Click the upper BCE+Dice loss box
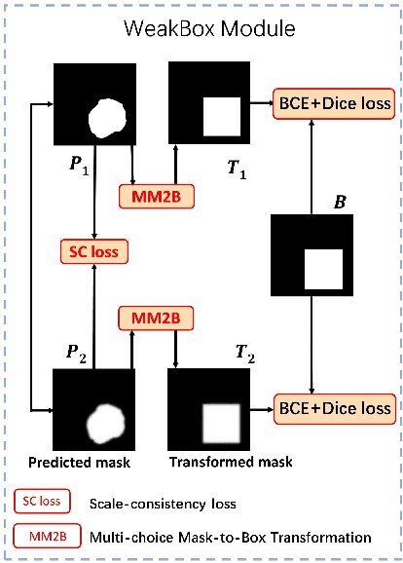tap(336, 101)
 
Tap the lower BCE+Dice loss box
tap(336, 407)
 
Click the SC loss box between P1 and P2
tap(93, 251)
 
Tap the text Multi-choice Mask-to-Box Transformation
tap(230, 537)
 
